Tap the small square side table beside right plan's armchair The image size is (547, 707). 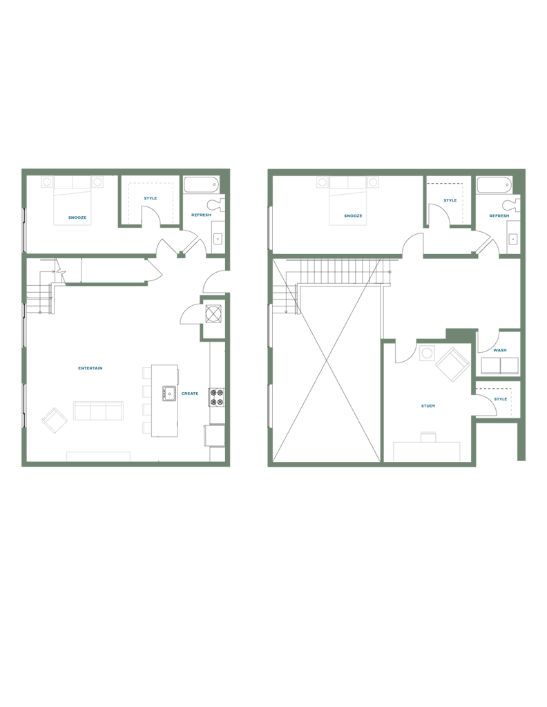[425, 353]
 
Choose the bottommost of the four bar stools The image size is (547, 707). [146, 428]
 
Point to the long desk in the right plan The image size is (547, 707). [427, 450]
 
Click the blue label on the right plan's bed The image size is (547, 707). [352, 217]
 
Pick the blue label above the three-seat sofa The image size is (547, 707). [90, 369]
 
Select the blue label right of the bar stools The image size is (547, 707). [190, 394]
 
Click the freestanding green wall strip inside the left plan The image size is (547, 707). [106, 284]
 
